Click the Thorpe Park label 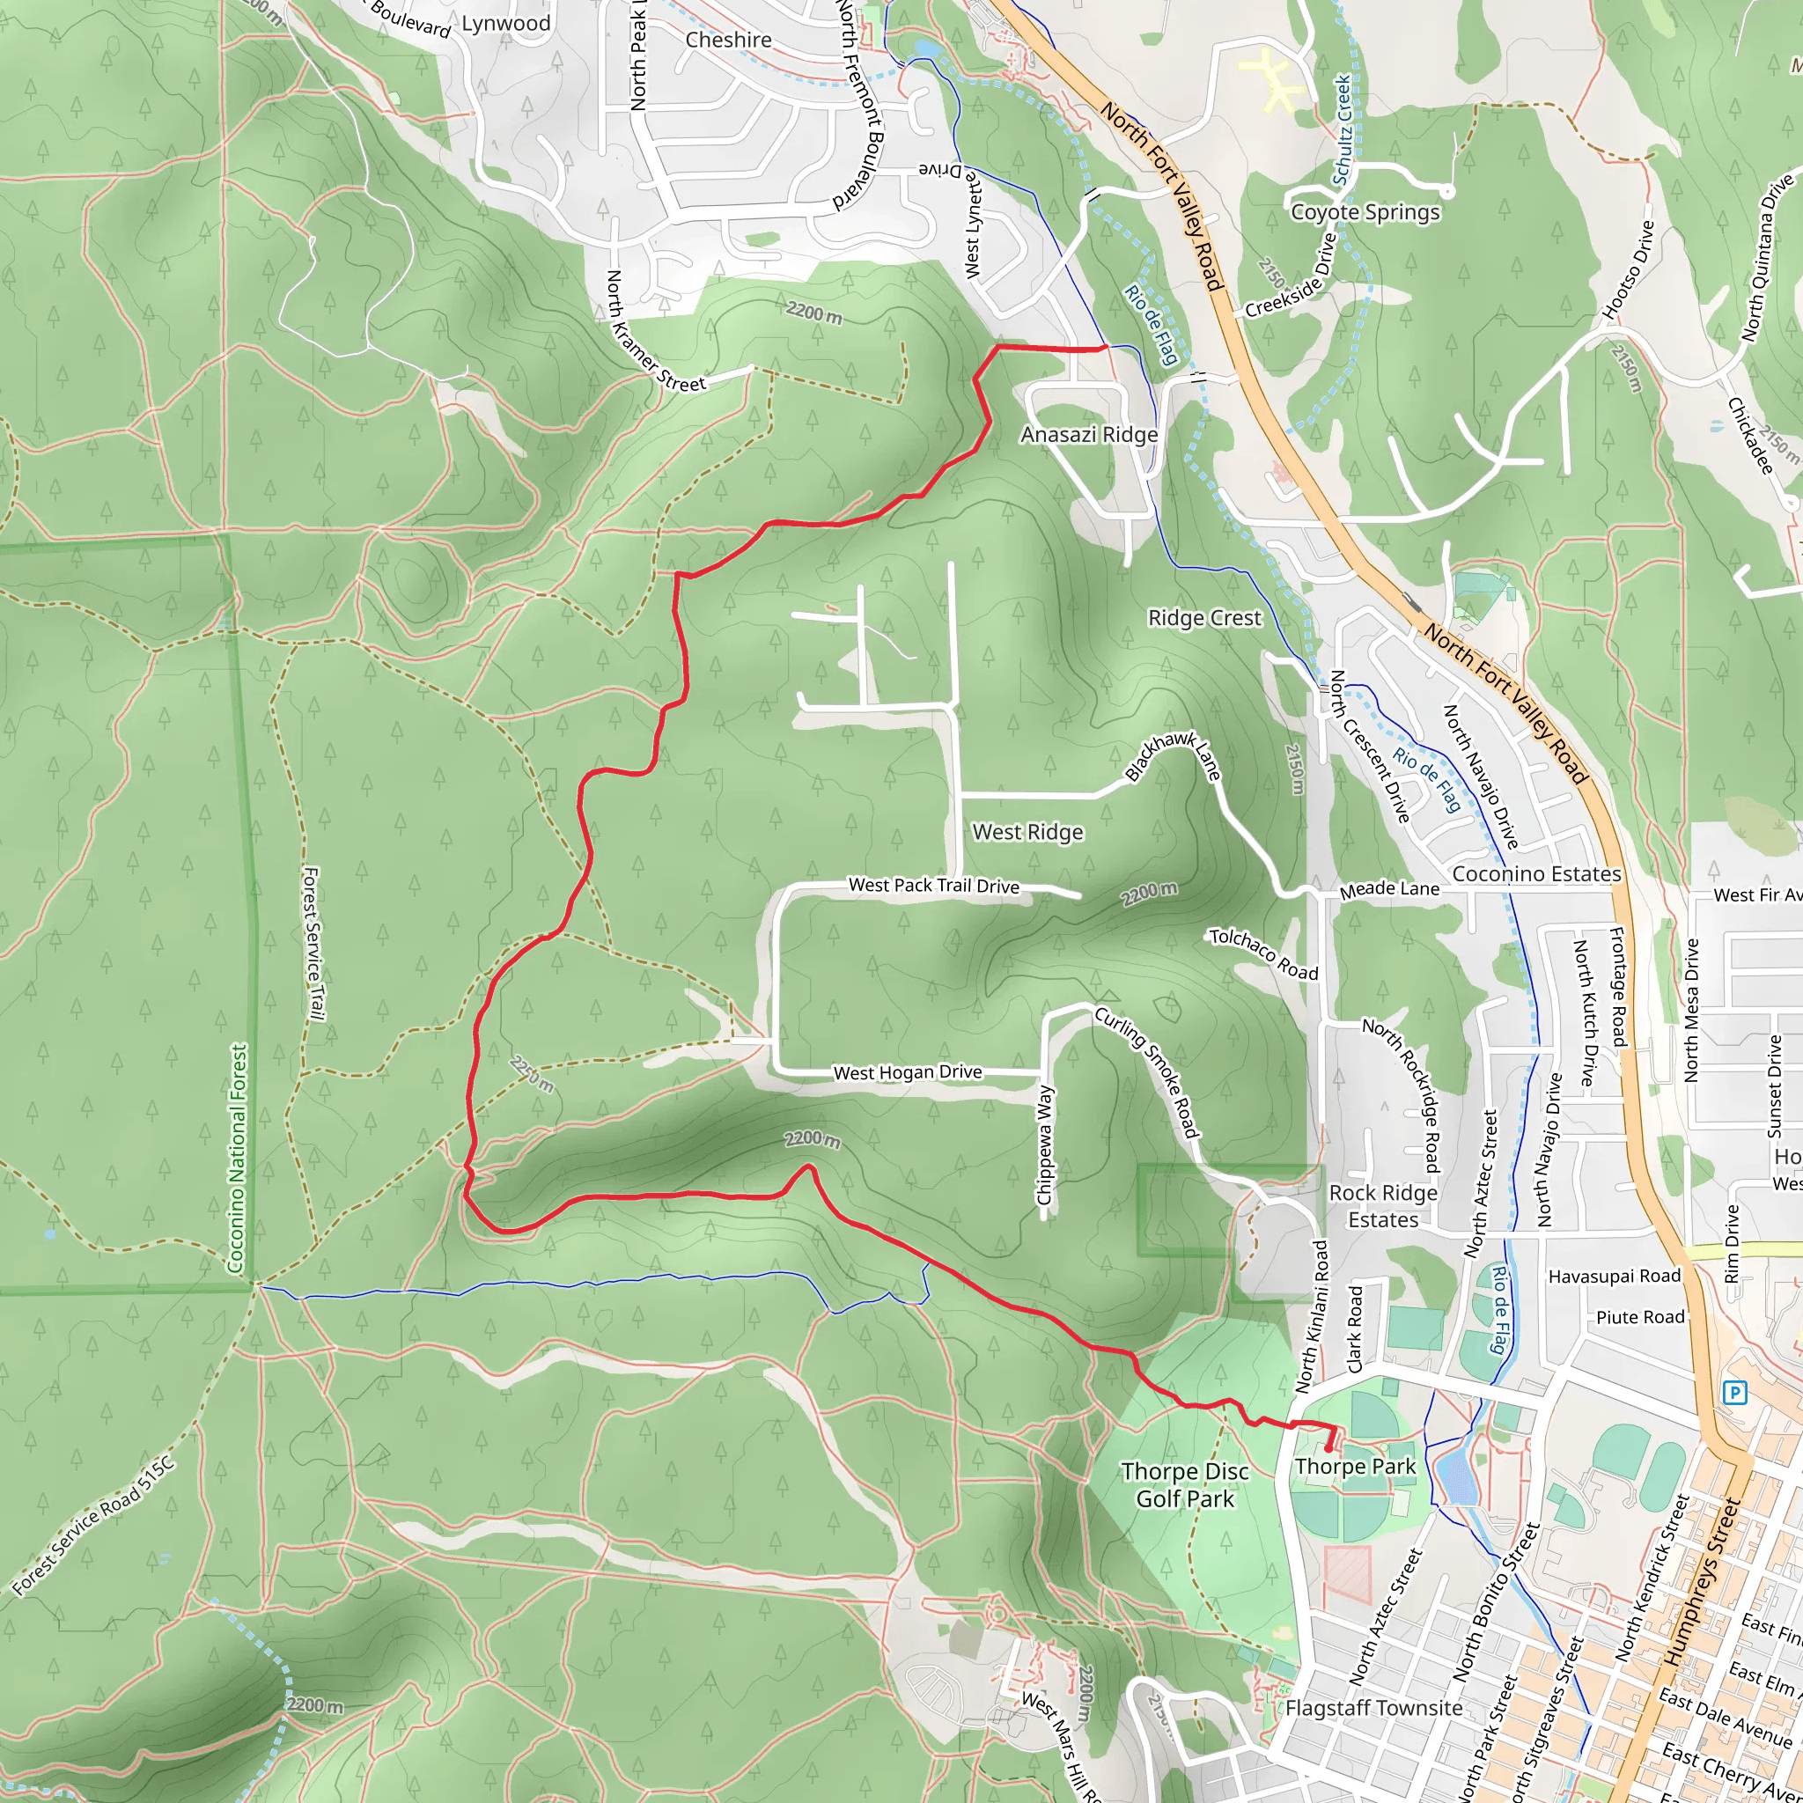pos(1355,1466)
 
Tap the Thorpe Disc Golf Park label pos(1184,1485)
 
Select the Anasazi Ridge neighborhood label pos(1089,435)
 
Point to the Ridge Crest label pos(1203,618)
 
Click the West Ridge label pos(1027,831)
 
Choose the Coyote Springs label pos(1365,212)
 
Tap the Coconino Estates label pos(1536,873)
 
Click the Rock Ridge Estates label pos(1383,1206)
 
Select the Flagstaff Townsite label pos(1373,1708)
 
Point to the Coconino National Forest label pos(239,1157)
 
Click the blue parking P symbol pos(1734,1394)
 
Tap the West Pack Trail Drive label pos(933,886)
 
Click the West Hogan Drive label pos(907,1072)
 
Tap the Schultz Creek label pos(1342,129)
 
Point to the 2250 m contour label pos(532,1074)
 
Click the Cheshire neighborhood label pos(728,40)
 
